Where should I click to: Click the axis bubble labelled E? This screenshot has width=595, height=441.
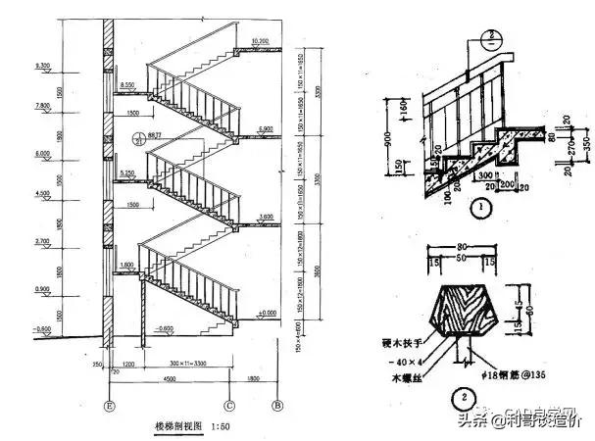click(110, 403)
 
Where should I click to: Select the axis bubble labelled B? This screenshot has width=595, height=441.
click(277, 403)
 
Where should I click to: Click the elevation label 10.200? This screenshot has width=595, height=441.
click(260, 41)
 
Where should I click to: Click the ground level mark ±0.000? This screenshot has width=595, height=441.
click(266, 313)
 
